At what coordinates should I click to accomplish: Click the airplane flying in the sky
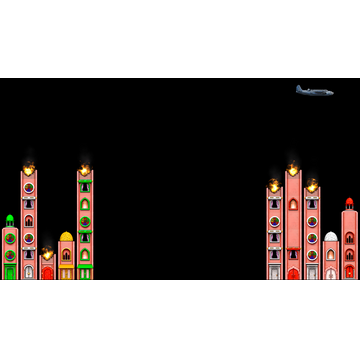point(314,91)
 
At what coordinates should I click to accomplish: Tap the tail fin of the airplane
point(299,88)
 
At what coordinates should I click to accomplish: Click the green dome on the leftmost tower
point(10,219)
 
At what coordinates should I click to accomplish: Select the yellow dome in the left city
point(66,237)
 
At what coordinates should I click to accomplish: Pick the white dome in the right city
point(331,237)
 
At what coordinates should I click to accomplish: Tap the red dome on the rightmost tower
point(349,203)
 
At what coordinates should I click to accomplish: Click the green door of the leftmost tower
point(10,271)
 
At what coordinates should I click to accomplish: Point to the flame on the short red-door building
point(47,254)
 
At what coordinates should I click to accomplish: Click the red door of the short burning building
point(47,273)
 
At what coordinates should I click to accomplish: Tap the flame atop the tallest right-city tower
point(293,169)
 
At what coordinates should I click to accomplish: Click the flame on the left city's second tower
point(29,168)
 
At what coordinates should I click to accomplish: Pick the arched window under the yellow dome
point(66,254)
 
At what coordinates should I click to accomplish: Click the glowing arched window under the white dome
point(331,254)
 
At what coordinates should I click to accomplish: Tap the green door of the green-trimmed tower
point(85,272)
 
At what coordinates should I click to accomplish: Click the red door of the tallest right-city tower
point(293,273)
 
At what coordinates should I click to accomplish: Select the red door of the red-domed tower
point(349,271)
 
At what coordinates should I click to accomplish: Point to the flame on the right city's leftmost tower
point(274,186)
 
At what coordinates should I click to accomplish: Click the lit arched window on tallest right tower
point(293,204)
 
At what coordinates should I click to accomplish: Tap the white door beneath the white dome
point(331,272)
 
